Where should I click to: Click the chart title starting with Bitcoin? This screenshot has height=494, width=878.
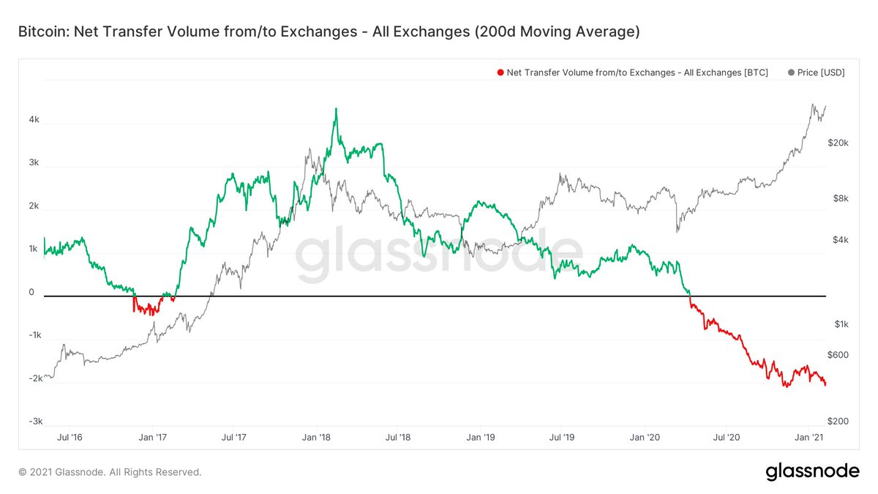[329, 32]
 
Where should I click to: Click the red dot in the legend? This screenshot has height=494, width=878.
[500, 72]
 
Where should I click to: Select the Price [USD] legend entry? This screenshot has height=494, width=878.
[817, 72]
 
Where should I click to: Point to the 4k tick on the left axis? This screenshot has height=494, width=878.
[34, 120]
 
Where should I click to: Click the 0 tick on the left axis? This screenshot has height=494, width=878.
[31, 293]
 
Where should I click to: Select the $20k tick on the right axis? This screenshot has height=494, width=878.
[838, 143]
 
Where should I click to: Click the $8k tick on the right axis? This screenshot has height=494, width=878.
[839, 198]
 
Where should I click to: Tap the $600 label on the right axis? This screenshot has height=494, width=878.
[838, 355]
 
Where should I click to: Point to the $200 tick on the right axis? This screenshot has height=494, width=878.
[838, 422]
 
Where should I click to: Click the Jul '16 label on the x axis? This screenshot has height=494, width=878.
[69, 438]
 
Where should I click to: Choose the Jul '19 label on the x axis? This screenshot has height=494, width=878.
[561, 438]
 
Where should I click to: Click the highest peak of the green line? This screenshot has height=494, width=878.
[335, 109]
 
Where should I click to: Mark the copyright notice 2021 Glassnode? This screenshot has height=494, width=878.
[110, 472]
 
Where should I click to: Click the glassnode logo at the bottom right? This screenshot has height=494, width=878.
[812, 472]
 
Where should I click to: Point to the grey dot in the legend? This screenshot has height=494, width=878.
[791, 72]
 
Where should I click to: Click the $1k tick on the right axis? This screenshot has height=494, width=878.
[839, 323]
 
